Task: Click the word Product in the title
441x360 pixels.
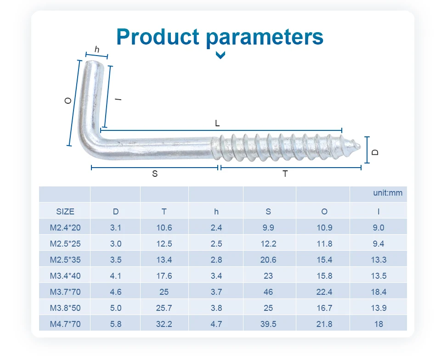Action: pos(158,37)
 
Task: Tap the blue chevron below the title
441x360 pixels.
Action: pos(220,55)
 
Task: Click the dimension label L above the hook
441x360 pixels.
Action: pos(217,123)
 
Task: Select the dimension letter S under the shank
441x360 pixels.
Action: pos(155,174)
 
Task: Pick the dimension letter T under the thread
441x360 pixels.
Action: pos(285,174)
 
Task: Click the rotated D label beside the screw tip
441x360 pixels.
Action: pos(375,152)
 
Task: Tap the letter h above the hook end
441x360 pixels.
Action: pos(97,50)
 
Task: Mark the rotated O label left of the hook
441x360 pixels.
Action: pos(68,101)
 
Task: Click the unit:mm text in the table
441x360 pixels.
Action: pos(388,193)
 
